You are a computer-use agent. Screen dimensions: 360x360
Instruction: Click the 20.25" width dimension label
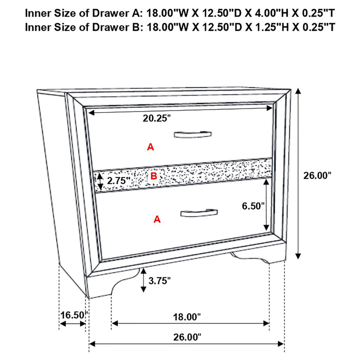[x=157, y=118]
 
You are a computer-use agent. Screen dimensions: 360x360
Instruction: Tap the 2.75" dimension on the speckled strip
[x=118, y=181]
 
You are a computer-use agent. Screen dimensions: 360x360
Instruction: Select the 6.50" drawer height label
[x=254, y=206]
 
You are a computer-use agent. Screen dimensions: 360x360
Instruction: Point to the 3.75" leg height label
[x=159, y=280]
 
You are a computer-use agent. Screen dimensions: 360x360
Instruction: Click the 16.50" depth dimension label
[x=73, y=314]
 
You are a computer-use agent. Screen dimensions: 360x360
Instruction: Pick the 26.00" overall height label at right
[x=317, y=175]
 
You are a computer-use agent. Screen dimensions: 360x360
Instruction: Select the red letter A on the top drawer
[x=150, y=147]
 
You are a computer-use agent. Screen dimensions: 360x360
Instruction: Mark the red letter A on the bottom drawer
[x=157, y=220]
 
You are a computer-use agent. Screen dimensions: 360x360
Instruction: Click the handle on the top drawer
[x=192, y=135]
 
